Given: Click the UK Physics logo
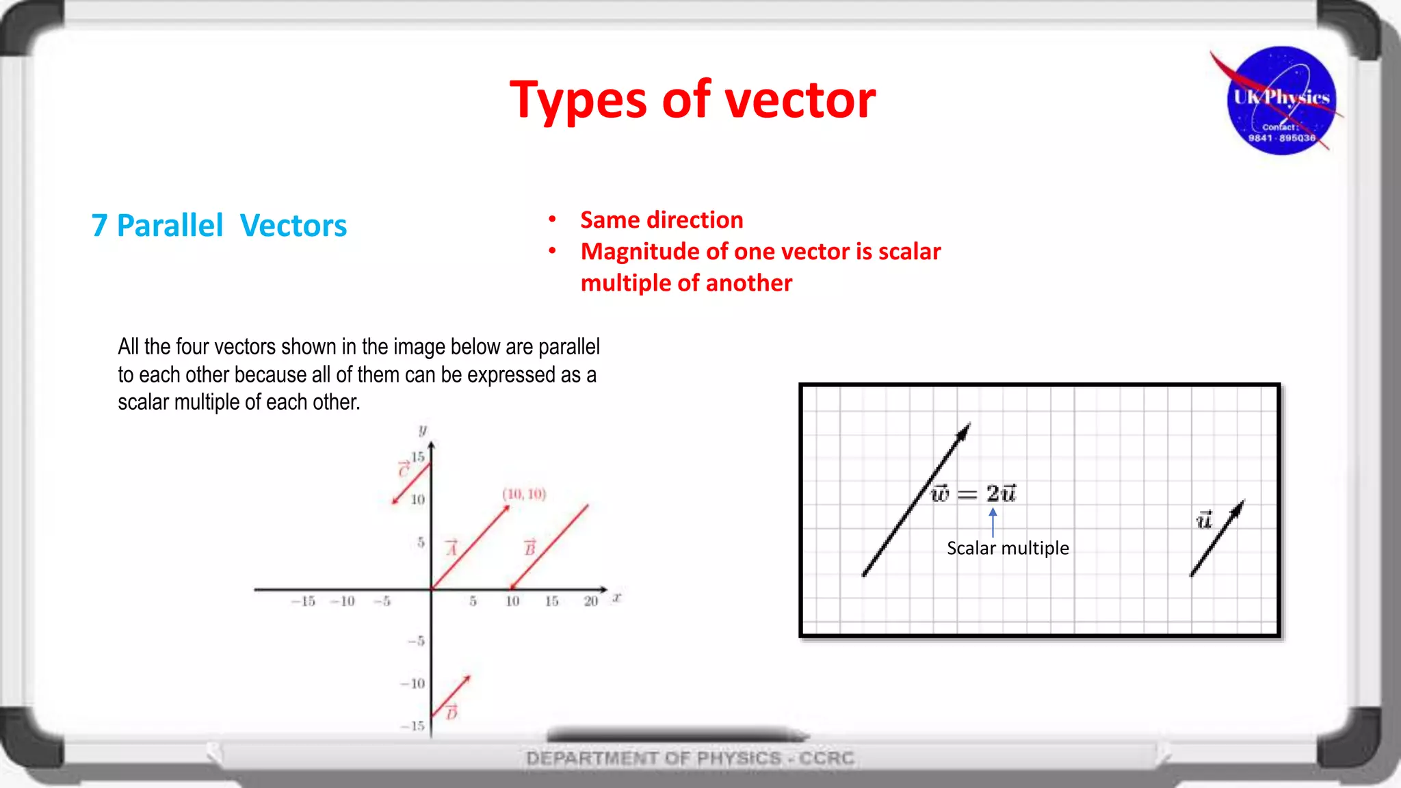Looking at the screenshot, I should (1281, 101).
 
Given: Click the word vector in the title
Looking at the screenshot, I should (800, 100).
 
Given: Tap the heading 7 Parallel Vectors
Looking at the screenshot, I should (219, 226).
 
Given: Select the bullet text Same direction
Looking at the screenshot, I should (662, 220).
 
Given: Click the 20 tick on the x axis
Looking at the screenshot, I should (591, 601).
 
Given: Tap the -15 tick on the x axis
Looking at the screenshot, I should (303, 601).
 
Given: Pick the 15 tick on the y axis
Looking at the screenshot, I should (417, 457).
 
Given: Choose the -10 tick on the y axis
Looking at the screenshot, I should (413, 683).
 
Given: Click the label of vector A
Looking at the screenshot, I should (451, 548).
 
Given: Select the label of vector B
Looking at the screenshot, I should (529, 548).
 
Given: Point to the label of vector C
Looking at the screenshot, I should (404, 469).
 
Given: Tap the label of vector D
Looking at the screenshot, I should (451, 713).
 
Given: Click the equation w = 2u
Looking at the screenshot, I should (974, 493).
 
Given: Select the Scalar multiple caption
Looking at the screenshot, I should (1008, 548).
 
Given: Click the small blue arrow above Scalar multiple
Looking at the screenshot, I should (993, 521).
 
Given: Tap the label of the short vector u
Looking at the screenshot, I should (1204, 521).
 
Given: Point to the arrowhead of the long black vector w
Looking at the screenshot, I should (965, 431).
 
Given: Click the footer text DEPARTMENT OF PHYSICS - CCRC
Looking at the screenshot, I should (690, 758).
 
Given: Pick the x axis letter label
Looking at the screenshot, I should (617, 597).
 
